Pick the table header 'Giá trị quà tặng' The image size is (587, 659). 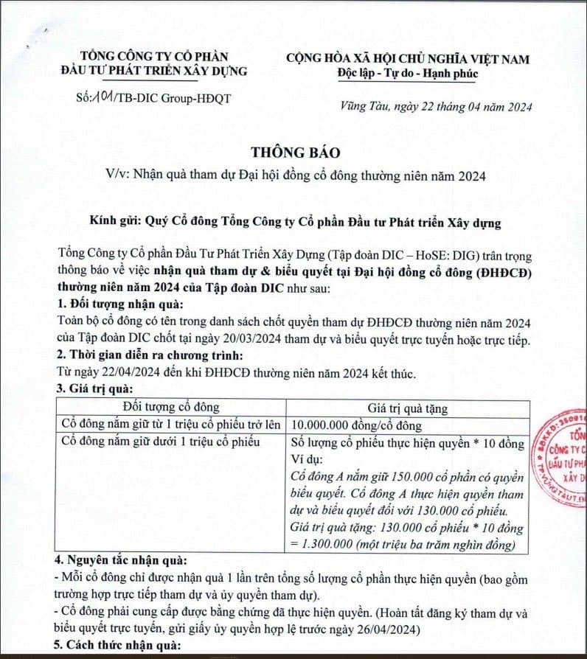[407, 408]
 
